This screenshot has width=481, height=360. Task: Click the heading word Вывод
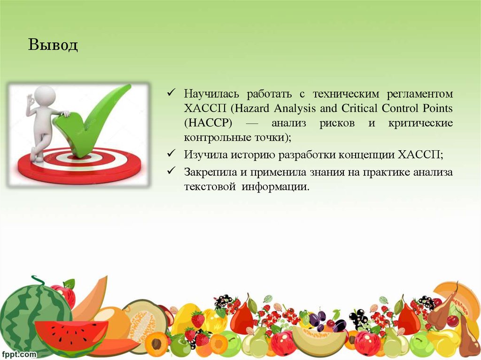(x=53, y=45)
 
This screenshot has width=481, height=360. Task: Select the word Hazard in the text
(x=257, y=108)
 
